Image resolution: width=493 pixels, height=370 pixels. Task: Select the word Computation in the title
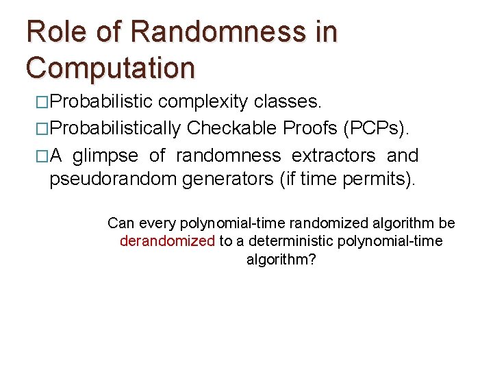tap(110, 67)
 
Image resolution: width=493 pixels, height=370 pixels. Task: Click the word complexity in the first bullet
tap(203, 103)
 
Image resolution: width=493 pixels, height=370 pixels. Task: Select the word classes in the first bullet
tap(287, 103)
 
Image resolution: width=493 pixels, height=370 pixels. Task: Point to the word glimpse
tap(103, 156)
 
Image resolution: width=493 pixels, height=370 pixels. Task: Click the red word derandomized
tap(167, 241)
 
